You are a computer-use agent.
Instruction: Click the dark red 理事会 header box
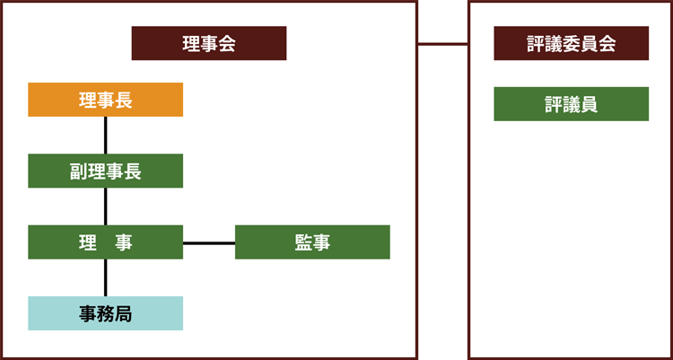point(209,43)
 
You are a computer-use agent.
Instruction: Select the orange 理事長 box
point(106,100)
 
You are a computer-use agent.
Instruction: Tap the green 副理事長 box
point(106,171)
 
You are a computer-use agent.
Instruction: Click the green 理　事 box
point(106,242)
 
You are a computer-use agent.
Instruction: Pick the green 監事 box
point(312,242)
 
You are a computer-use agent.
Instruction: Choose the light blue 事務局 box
point(106,313)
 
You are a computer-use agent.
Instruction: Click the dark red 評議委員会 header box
point(572,43)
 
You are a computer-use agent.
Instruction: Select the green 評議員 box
point(572,104)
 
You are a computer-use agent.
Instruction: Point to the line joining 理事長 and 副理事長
point(106,136)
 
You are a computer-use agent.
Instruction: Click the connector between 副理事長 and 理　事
point(106,206)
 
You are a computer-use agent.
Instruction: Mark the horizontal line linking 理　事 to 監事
point(209,243)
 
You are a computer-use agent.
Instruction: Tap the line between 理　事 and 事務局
point(106,277)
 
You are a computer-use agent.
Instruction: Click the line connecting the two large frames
point(442,44)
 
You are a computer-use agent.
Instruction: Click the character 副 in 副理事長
point(79,171)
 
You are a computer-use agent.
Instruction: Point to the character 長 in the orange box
point(124,101)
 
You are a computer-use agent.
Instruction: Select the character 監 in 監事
point(303,243)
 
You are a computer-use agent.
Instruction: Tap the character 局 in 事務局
point(124,314)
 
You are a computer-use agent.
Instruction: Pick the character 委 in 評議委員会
point(572,44)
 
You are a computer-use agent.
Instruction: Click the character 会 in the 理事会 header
point(227,44)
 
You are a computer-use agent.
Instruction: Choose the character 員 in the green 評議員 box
point(589,105)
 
